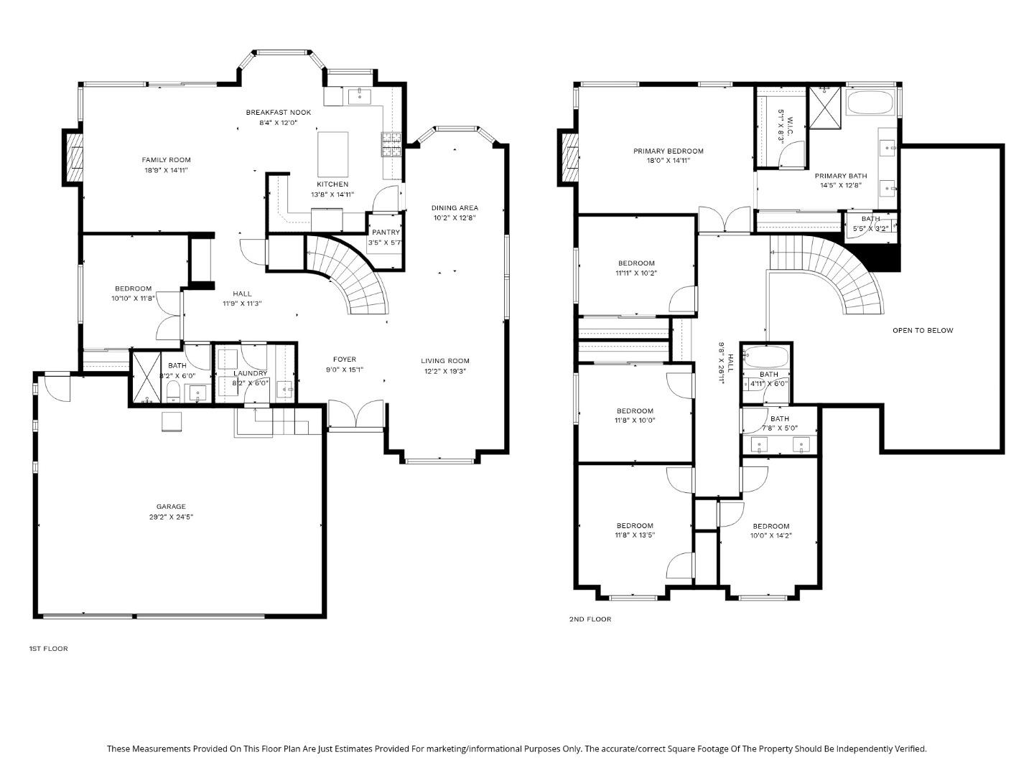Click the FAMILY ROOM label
(x=166, y=160)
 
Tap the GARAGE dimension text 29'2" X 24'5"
(x=170, y=517)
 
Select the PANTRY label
(x=386, y=232)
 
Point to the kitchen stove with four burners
(x=391, y=145)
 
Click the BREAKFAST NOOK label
(x=278, y=113)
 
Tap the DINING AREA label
(x=455, y=208)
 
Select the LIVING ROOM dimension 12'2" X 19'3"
(x=445, y=371)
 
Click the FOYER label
(x=344, y=360)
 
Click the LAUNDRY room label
(x=250, y=373)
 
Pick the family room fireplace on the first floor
(x=73, y=159)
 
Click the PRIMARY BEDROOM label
(x=668, y=151)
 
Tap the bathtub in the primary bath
(x=870, y=102)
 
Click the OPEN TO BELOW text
(x=923, y=331)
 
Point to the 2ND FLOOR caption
(x=590, y=619)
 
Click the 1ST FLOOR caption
(x=48, y=649)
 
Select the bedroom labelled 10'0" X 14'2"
(x=770, y=535)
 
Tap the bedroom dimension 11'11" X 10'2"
(x=635, y=273)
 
